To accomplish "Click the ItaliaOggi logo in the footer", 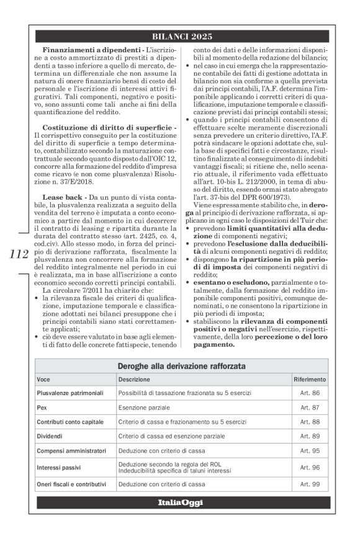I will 180,502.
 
